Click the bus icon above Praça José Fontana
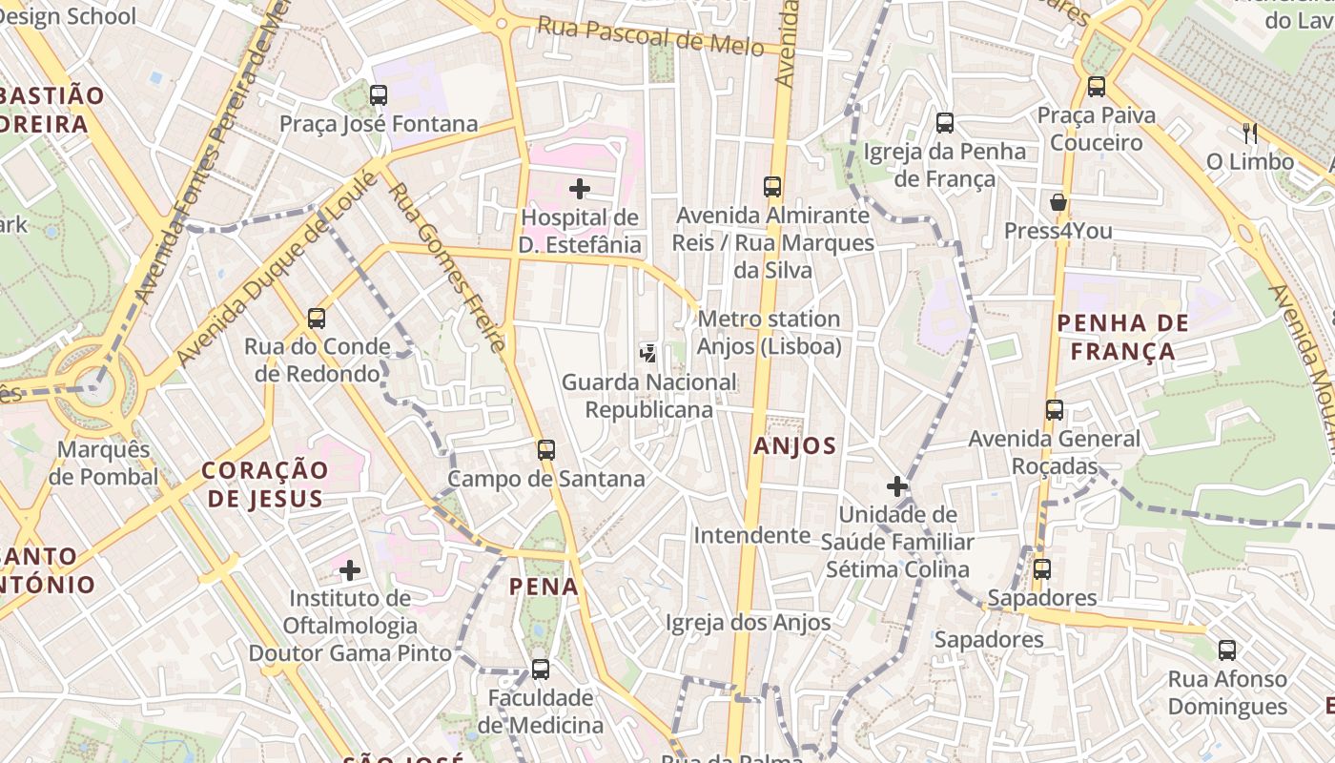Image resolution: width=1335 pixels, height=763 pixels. [x=379, y=94]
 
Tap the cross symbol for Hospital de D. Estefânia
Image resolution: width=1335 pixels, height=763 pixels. [x=580, y=189]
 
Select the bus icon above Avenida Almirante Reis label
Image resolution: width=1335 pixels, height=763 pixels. [x=772, y=186]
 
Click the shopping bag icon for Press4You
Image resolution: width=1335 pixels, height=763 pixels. [x=1058, y=202]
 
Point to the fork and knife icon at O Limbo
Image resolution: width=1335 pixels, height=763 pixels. [x=1249, y=133]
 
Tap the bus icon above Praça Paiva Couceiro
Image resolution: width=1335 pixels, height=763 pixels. [x=1097, y=87]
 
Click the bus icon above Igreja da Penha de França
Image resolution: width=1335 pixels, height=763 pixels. [x=945, y=122]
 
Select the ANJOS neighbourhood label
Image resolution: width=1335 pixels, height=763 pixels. [x=794, y=445]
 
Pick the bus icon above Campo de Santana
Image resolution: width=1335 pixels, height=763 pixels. [x=546, y=449]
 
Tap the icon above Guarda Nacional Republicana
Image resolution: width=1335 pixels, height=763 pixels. [x=648, y=354]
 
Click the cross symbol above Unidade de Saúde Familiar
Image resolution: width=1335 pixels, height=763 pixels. [x=897, y=486]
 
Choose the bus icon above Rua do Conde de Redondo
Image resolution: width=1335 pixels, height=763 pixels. [x=317, y=318]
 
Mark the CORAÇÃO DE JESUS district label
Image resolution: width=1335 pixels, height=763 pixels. [x=265, y=484]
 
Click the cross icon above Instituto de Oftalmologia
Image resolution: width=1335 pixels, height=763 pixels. [x=350, y=570]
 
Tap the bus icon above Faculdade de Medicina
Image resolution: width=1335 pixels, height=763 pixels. [x=541, y=670]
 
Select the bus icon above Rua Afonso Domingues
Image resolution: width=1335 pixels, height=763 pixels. [x=1227, y=650]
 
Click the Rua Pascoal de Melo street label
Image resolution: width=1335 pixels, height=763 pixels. [x=650, y=35]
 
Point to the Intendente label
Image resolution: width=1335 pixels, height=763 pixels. [x=751, y=535]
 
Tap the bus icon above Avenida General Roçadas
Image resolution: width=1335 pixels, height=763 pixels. [x=1055, y=410]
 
